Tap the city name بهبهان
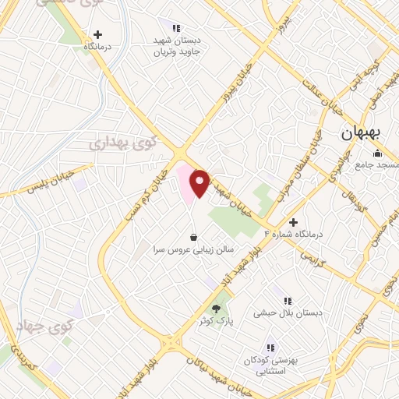click(x=361, y=133)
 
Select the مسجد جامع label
click(x=376, y=165)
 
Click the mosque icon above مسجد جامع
click(x=377, y=152)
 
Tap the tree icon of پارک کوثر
click(x=217, y=308)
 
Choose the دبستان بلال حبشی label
click(x=288, y=312)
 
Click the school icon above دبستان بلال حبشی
click(x=288, y=300)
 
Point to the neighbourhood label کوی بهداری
click(x=122, y=143)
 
